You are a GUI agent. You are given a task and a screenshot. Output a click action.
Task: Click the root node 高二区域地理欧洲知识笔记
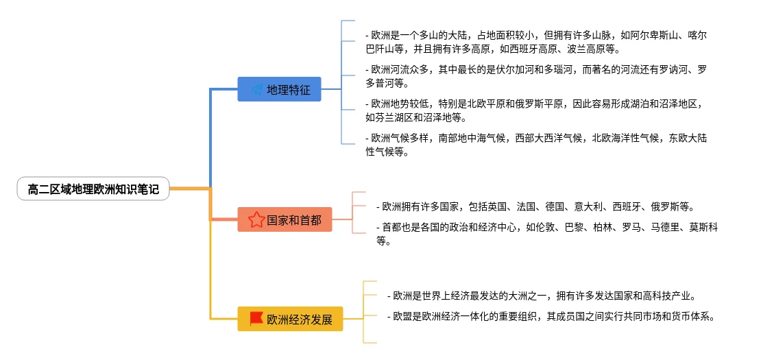pyautogui.click(x=93, y=189)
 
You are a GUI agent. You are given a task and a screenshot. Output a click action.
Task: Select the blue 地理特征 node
pyautogui.click(x=279, y=89)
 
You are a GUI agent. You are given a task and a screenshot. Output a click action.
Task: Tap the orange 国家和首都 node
pyautogui.click(x=285, y=219)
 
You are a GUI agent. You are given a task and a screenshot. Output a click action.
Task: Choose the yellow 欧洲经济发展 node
pyautogui.click(x=290, y=319)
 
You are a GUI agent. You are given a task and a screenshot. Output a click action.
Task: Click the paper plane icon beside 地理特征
pyautogui.click(x=256, y=89)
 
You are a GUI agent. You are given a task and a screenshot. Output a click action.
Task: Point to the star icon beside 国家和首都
pyautogui.click(x=256, y=219)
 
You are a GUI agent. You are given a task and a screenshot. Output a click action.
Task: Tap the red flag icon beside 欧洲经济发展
pyautogui.click(x=256, y=319)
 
